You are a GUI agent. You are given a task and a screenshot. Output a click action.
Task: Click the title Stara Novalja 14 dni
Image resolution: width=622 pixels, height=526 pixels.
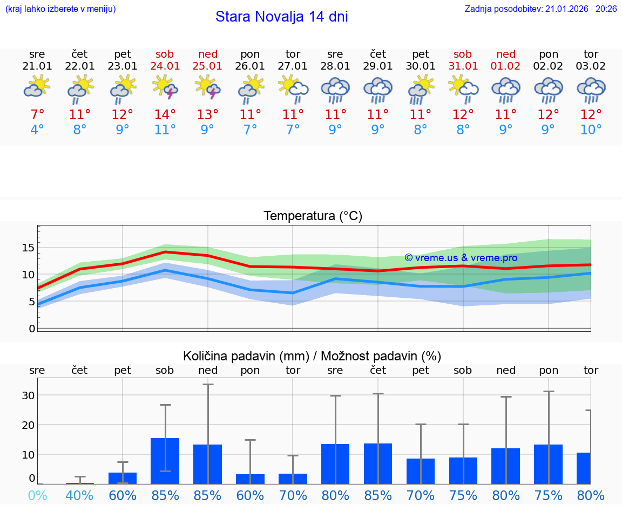281,17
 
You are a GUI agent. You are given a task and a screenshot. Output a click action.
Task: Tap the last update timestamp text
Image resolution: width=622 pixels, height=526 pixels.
540,9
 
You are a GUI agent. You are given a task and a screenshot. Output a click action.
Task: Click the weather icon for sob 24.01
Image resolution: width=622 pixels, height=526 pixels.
165,87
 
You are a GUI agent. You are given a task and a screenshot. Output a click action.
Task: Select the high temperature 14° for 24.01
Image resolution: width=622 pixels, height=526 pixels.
165,115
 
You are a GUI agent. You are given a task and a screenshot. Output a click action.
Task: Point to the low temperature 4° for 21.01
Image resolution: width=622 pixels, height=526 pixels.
37,130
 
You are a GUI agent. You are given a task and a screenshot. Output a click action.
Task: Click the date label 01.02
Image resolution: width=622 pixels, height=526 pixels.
506,66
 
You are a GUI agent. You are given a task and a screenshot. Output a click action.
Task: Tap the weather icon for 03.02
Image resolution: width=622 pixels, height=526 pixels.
591,90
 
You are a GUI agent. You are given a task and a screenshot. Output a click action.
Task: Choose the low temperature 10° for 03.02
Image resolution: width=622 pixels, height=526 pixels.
591,130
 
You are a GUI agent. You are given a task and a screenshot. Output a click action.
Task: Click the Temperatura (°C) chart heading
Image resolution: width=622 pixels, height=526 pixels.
313,216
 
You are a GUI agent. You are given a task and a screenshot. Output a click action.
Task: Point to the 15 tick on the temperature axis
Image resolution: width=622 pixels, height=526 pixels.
28,248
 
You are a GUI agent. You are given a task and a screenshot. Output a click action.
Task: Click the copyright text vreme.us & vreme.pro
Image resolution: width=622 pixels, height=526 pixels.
461,258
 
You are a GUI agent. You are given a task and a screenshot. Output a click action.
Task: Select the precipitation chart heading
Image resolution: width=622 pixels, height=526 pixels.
312,356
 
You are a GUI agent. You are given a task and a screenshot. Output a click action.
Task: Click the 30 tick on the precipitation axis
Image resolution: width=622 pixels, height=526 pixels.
28,395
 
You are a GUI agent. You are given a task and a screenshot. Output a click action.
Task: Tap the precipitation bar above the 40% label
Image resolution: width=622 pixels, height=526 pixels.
80,483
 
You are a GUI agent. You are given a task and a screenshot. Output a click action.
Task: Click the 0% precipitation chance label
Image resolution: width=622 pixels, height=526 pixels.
37,495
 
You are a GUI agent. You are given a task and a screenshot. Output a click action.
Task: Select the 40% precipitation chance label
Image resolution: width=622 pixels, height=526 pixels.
80,495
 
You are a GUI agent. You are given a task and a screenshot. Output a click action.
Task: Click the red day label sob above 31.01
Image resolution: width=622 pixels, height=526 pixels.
463,54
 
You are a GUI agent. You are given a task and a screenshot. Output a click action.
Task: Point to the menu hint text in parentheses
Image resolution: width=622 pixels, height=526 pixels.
60,9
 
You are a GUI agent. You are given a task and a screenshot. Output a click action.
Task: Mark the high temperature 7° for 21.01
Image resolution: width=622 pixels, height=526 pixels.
37,115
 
